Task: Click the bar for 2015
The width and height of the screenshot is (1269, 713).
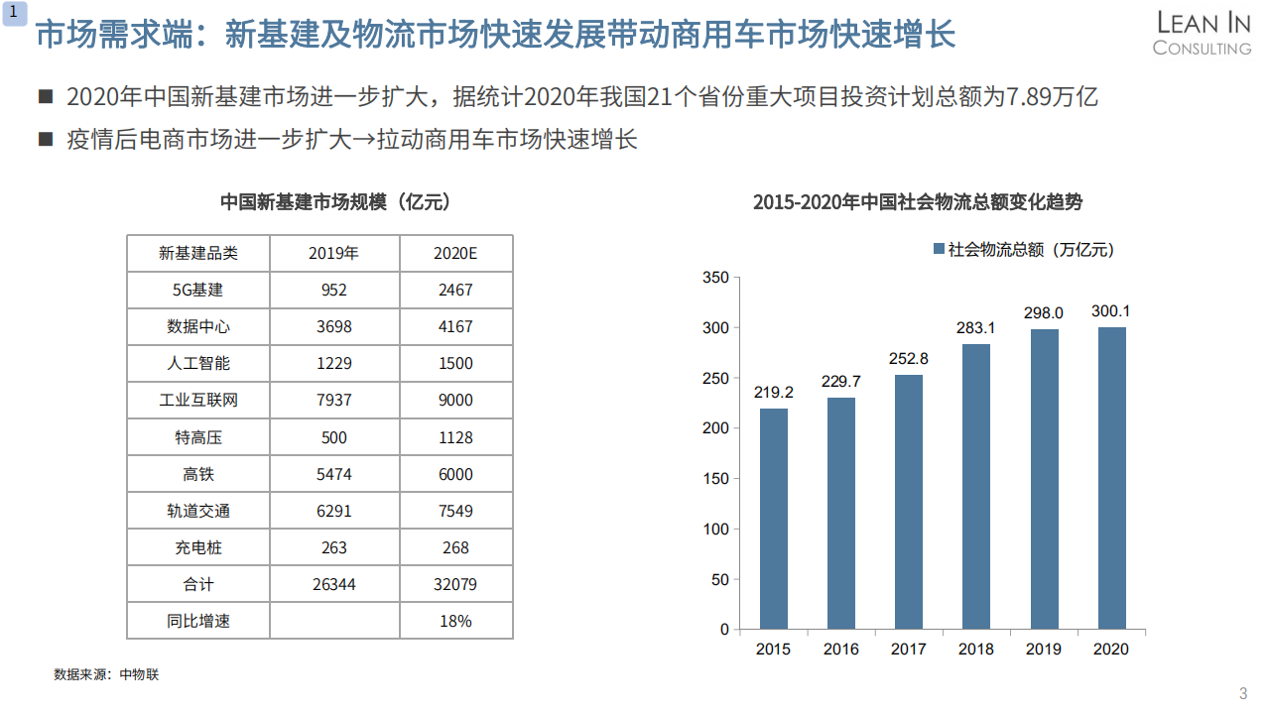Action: coord(774,519)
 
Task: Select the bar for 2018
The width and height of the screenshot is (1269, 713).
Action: coord(976,486)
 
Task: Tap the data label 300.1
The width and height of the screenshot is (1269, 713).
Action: coord(1111,311)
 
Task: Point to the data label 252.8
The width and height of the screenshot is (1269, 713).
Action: coord(909,359)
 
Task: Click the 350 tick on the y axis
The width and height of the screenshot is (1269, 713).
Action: coord(714,278)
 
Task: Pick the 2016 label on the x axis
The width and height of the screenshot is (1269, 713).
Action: coord(841,650)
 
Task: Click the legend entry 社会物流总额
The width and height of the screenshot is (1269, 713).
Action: coord(1022,250)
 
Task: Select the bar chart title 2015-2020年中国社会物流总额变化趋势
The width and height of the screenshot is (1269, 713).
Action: coord(918,202)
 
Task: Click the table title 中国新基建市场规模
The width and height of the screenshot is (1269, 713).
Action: coord(335,202)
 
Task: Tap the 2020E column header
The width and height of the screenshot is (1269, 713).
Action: coord(455,253)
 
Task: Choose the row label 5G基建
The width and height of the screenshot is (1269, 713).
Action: coord(197,290)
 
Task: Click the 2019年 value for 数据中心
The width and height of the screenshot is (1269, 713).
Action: coord(333,326)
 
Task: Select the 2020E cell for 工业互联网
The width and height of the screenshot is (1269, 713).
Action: coord(455,401)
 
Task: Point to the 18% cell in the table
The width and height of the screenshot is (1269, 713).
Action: coord(455,621)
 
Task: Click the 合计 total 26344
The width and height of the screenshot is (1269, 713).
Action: coord(333,584)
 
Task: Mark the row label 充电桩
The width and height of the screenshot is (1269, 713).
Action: coord(197,547)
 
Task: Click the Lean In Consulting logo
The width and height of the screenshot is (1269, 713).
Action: coord(1202,34)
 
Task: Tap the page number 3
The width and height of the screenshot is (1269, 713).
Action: coord(1243,692)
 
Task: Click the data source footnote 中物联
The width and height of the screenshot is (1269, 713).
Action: coord(139,674)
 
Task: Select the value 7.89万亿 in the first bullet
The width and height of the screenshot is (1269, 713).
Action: coord(1051,97)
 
